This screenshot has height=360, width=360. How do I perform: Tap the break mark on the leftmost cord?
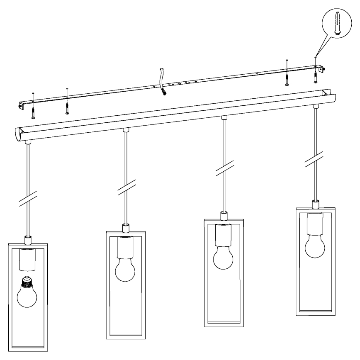[28, 199]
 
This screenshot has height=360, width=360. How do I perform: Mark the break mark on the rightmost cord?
[315, 160]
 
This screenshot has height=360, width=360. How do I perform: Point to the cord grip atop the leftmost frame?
[28, 239]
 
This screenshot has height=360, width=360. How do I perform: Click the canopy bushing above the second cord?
[126, 130]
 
